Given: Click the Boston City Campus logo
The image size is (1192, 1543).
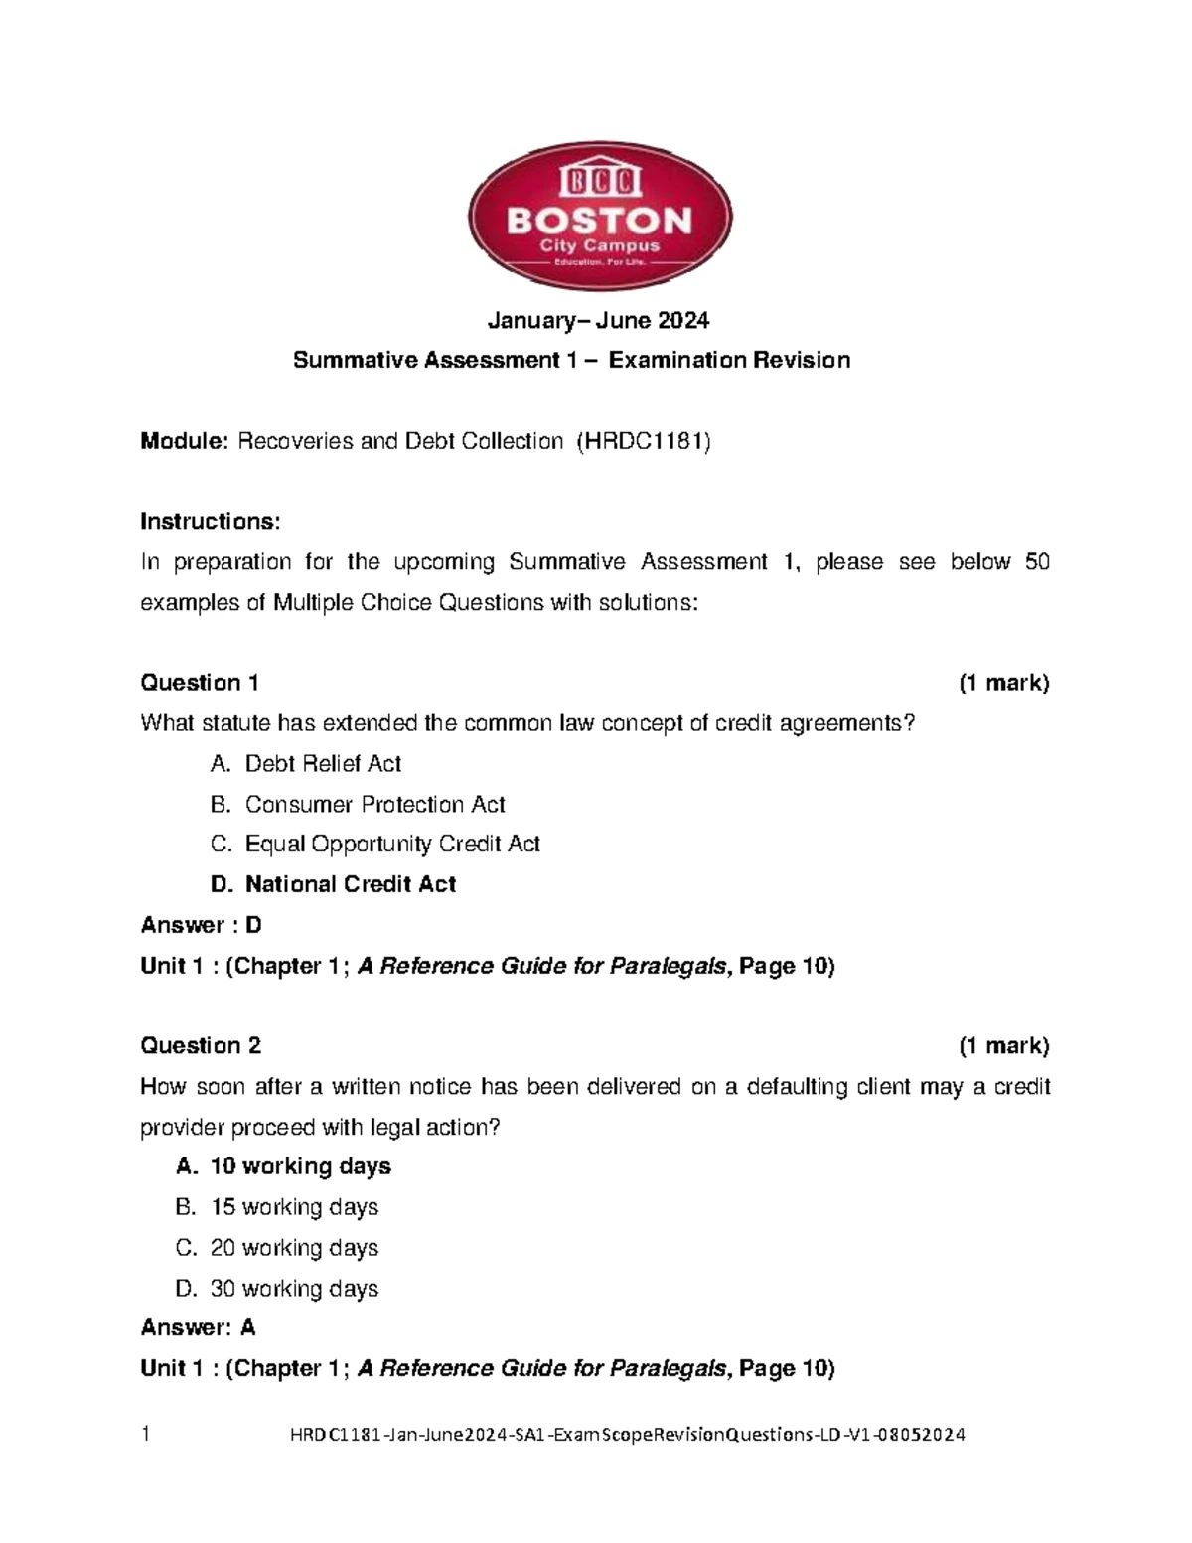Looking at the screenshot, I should click(600, 216).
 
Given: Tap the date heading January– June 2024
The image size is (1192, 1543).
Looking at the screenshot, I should click(598, 320).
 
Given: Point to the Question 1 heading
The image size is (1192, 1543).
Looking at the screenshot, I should click(200, 683).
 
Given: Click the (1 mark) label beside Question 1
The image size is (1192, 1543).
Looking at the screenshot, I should click(1003, 683).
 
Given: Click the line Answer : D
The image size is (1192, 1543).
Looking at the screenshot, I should click(202, 925).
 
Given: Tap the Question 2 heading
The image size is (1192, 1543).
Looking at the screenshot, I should click(201, 1045).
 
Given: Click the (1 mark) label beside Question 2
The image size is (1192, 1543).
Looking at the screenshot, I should click(1003, 1045).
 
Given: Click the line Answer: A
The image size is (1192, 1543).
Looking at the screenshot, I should click(199, 1327).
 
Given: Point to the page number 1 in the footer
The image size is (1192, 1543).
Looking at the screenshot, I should click(145, 1434).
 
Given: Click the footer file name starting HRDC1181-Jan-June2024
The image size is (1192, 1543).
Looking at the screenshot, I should click(627, 1435).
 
